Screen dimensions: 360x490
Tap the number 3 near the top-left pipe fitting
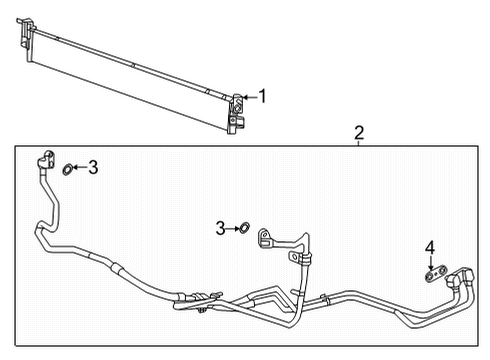(93, 168)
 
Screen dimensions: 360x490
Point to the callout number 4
(430, 247)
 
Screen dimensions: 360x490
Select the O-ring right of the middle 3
(241, 229)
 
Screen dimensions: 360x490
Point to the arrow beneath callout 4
(430, 260)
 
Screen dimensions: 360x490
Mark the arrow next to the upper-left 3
(81, 168)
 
